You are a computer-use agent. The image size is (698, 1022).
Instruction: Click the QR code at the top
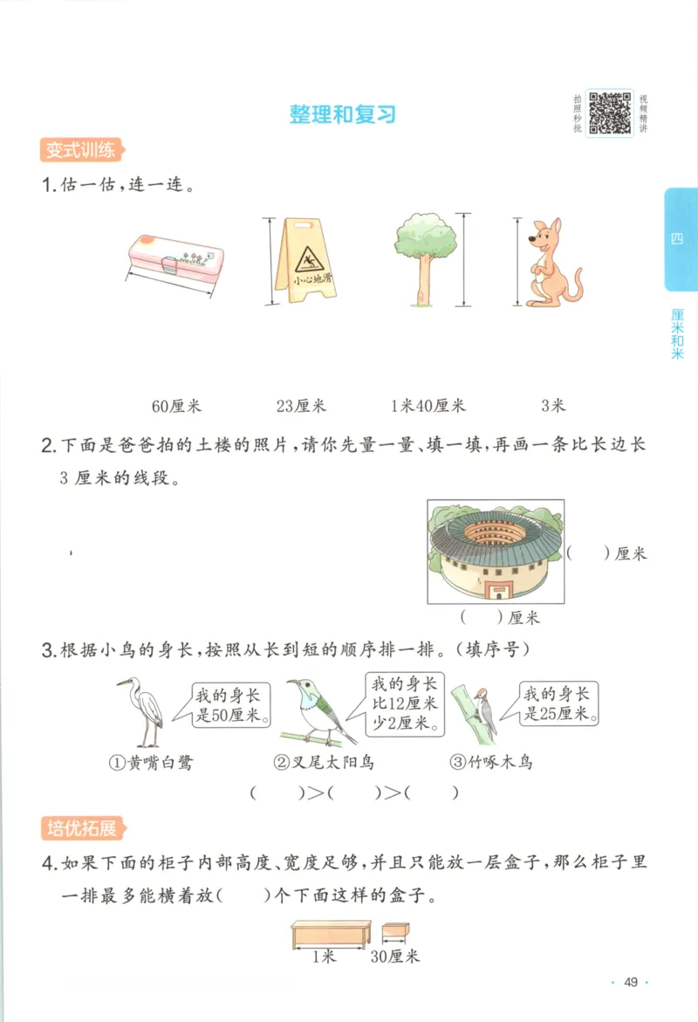click(x=609, y=113)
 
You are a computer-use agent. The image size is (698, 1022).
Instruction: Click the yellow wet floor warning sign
click(x=299, y=260)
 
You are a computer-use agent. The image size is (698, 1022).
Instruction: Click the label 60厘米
click(x=176, y=406)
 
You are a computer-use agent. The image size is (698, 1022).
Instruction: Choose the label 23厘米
click(x=300, y=406)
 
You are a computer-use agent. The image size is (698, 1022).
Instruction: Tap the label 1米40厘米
click(x=428, y=406)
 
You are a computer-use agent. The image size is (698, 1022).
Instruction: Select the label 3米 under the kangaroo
click(x=553, y=406)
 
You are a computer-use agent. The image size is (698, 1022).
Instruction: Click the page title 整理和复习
click(x=343, y=114)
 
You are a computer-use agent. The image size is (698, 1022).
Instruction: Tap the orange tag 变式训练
click(x=79, y=150)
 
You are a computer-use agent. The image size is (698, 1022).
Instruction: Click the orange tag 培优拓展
click(x=79, y=827)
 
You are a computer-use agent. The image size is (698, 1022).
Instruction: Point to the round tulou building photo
click(x=496, y=552)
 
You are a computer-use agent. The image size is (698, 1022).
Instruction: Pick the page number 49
click(x=631, y=983)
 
